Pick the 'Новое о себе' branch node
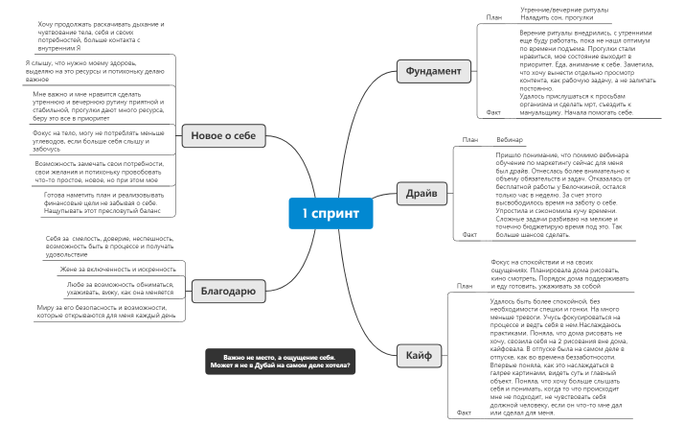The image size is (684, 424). point(223,136)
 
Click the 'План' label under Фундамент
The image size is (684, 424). point(494,17)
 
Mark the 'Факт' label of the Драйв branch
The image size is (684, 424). point(469,234)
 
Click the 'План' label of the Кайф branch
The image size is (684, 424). point(466,286)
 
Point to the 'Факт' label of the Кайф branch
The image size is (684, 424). point(465,412)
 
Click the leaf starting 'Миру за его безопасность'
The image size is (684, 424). point(106,311)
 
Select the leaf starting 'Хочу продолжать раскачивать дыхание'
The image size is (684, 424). point(102,35)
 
